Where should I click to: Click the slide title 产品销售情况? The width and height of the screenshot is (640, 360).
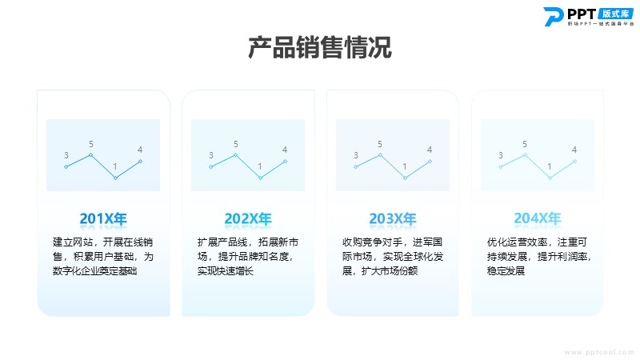click(x=320, y=47)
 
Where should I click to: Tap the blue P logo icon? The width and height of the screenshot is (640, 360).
click(x=554, y=17)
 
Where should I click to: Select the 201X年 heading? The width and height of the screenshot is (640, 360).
click(x=103, y=218)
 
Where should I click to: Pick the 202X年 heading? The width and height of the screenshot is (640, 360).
click(x=248, y=218)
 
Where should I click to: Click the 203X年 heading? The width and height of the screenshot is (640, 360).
click(x=393, y=218)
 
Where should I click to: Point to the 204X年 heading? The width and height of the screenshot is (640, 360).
click(x=538, y=218)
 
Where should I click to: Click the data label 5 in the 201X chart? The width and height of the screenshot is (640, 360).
click(x=91, y=144)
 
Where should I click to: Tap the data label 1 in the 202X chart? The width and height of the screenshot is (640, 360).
click(x=259, y=166)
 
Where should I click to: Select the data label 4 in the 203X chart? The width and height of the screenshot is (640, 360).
click(x=430, y=150)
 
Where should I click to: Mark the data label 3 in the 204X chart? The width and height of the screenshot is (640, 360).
click(x=501, y=155)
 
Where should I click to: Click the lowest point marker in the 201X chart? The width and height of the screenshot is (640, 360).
click(x=115, y=178)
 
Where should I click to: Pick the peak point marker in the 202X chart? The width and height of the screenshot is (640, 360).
click(x=235, y=155)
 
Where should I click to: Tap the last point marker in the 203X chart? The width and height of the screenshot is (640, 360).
click(x=430, y=162)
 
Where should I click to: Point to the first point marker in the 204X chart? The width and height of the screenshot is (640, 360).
click(x=501, y=166)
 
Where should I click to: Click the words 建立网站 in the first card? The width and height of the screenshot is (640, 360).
click(x=73, y=242)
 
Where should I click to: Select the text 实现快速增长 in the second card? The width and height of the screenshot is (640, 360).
click(x=226, y=271)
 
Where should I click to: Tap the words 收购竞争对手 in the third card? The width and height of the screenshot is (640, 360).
click(x=372, y=242)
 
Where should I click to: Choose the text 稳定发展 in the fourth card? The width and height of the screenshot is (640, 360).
click(x=506, y=271)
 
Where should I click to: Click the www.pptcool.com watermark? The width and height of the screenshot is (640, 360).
click(x=599, y=352)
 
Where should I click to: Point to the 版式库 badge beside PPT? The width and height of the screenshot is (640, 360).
click(x=615, y=14)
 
